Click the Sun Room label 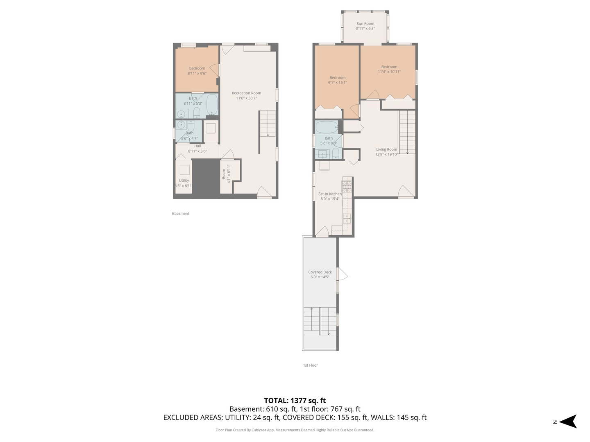click(x=365, y=24)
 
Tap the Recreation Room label click(x=246, y=93)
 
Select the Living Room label click(x=386, y=149)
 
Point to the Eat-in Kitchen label click(x=330, y=194)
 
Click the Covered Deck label click(x=320, y=272)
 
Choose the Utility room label click(x=184, y=180)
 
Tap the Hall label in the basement click(x=197, y=146)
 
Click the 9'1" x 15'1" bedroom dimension click(x=337, y=83)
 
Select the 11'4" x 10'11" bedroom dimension click(x=389, y=72)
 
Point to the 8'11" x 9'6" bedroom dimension click(x=197, y=73)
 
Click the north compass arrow click(x=569, y=422)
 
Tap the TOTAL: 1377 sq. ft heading click(x=295, y=401)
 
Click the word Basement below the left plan click(x=181, y=214)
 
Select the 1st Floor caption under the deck click(x=311, y=365)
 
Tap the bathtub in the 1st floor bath click(x=327, y=127)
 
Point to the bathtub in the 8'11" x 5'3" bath click(x=212, y=104)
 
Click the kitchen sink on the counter click(x=347, y=219)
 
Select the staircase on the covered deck click(x=320, y=321)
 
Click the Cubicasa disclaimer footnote click(x=295, y=430)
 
